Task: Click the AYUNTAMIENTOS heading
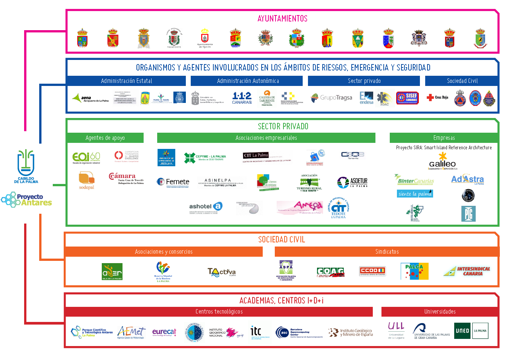(282, 18)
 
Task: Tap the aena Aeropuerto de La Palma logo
(90, 98)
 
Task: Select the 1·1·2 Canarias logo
(242, 98)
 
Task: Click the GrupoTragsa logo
(331, 98)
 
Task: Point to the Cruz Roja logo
(437, 98)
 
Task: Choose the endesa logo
(366, 98)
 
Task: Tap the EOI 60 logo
(86, 158)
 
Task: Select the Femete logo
(173, 182)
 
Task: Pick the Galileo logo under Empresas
(443, 161)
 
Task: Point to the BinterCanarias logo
(414, 180)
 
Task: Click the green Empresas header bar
(444, 138)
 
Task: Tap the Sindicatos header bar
(387, 252)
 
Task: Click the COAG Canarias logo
(331, 272)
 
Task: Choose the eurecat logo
(164, 332)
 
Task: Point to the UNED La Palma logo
(471, 331)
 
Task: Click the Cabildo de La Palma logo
(26, 166)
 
